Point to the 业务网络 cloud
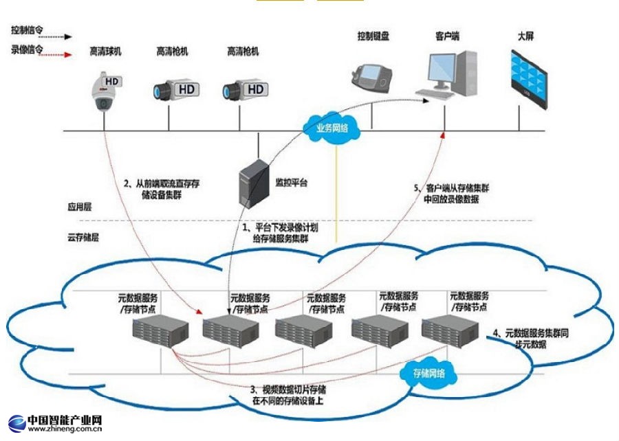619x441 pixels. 332,128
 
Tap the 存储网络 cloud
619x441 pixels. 428,373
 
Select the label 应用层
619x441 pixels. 79,205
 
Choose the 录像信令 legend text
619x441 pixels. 25,49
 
